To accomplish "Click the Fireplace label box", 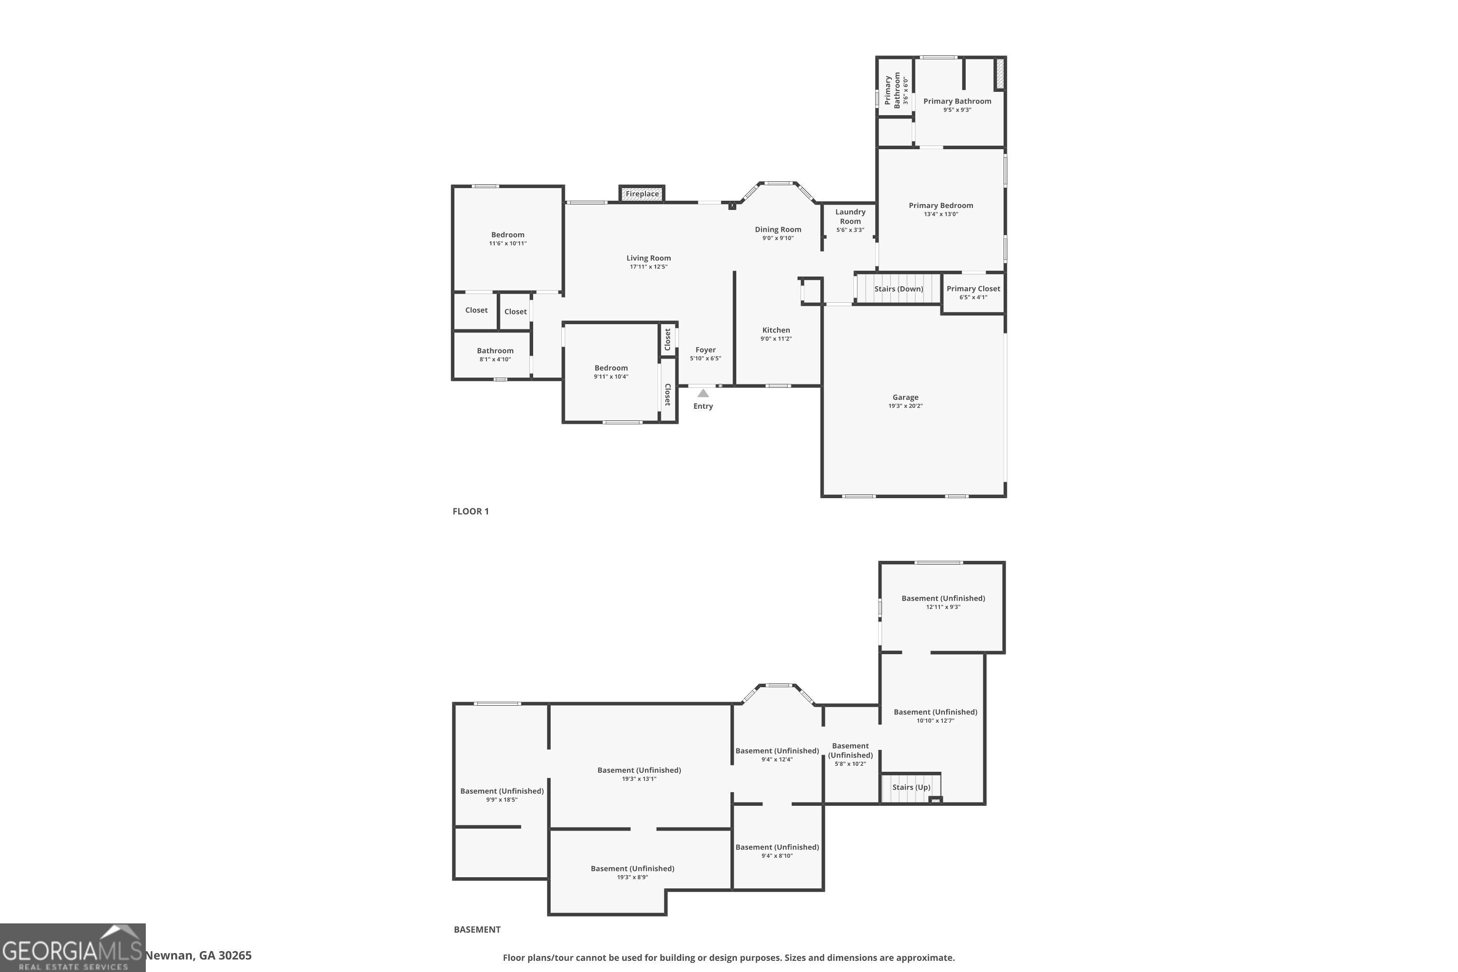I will point(642,194).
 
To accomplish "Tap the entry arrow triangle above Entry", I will point(703,393).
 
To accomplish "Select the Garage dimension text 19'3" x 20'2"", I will point(905,406).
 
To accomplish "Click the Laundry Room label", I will point(850,216).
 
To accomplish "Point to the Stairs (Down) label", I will point(898,289).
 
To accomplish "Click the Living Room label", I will point(648,258).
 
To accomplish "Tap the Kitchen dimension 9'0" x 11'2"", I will point(776,338).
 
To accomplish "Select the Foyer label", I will point(706,349).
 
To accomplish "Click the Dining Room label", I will point(777,229).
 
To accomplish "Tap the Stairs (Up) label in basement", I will point(911,787).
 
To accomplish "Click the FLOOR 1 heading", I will point(470,511).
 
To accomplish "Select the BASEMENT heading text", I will point(477,929).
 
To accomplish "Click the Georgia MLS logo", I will point(72,948).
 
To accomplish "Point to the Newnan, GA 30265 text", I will point(198,955).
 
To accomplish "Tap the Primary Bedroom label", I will point(940,205).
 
